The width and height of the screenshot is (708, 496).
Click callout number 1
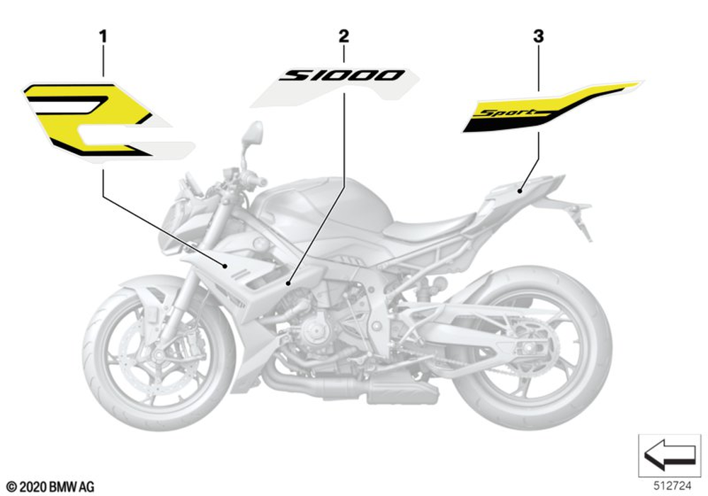click(103, 35)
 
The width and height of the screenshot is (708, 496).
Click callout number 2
click(344, 35)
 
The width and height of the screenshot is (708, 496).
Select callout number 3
click(539, 35)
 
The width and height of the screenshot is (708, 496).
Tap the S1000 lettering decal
click(342, 75)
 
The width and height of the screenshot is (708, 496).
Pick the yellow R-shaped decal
click(92, 117)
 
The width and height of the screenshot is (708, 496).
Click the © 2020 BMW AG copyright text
click(50, 487)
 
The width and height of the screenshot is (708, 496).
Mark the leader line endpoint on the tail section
click(519, 189)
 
